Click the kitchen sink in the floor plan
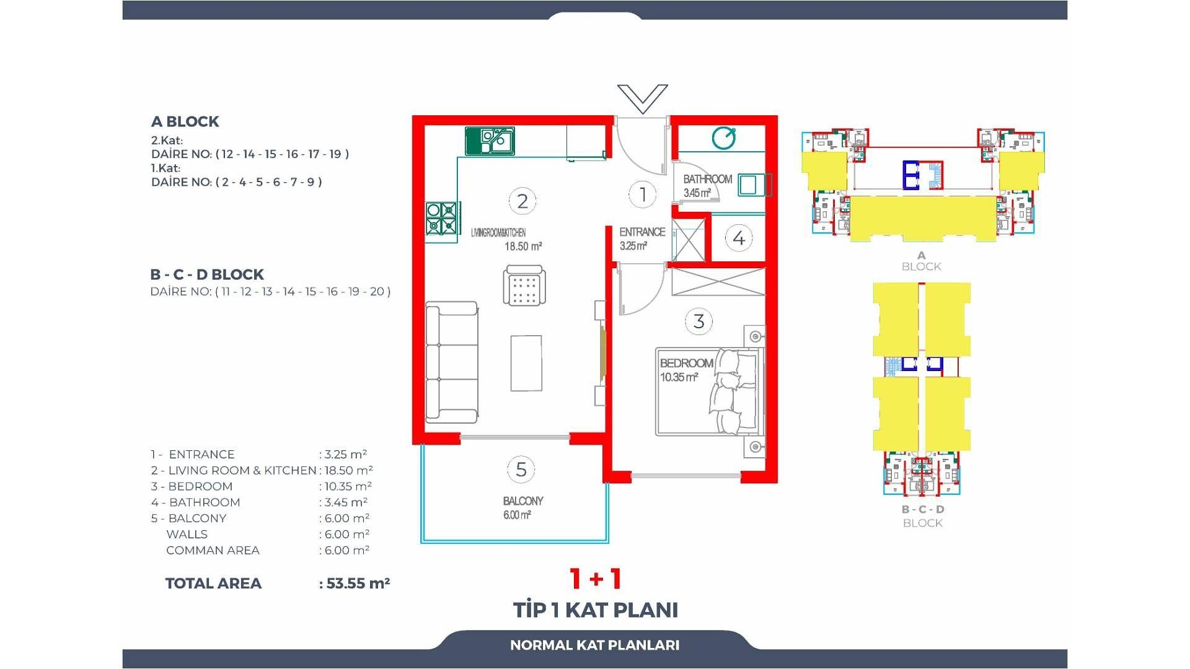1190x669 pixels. point(490,141)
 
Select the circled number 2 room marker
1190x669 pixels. point(522,201)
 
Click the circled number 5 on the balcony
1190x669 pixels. point(521,470)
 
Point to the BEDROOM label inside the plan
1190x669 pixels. point(686,363)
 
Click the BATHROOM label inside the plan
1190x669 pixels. point(707,179)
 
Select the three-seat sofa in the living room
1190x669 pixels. point(452,362)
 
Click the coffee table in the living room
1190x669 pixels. point(526,363)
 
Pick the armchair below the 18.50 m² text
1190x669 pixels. point(524,285)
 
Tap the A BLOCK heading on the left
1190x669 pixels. point(185,121)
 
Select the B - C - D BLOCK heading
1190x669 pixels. point(207,274)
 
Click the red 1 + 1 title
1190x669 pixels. point(596,579)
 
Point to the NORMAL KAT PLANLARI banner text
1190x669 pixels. point(595,645)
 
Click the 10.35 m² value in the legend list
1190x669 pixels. point(348,486)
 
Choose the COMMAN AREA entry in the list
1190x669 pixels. point(213,550)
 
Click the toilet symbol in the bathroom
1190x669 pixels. point(723,138)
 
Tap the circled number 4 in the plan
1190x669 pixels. point(739,238)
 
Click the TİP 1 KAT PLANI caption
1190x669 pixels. point(596,610)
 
